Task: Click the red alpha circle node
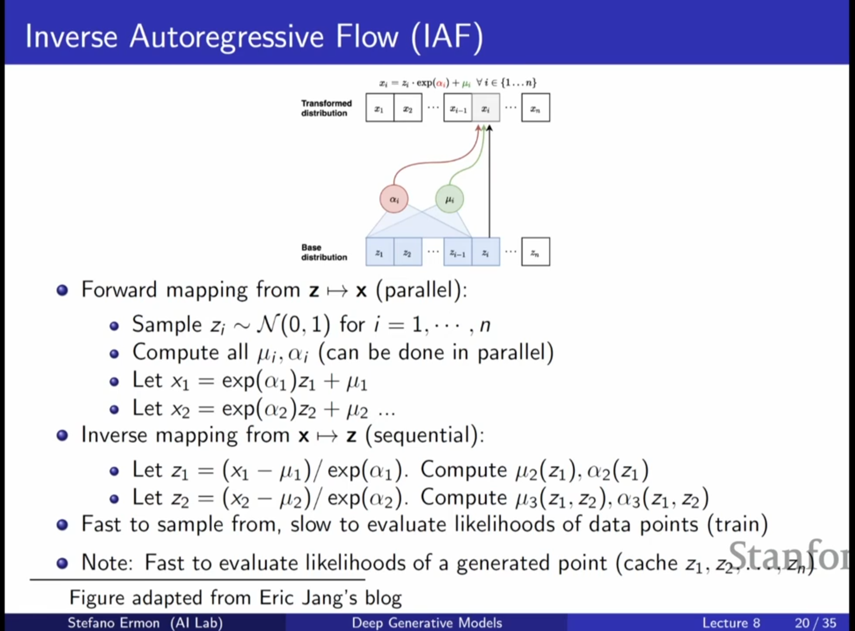(393, 199)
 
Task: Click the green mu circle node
(449, 199)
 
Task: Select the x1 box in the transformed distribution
(379, 108)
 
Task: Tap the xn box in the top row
(535, 108)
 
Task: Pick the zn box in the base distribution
(535, 252)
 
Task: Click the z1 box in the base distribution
(379, 252)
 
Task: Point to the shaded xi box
(486, 108)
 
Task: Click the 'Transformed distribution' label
(326, 108)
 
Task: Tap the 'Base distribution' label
(324, 252)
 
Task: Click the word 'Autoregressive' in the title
(226, 36)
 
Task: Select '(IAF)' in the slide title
(447, 36)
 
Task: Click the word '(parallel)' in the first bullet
(420, 290)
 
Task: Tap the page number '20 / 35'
(815, 623)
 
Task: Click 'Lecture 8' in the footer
(731, 623)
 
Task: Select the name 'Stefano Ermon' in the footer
(113, 623)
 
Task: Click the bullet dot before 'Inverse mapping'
(62, 435)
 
